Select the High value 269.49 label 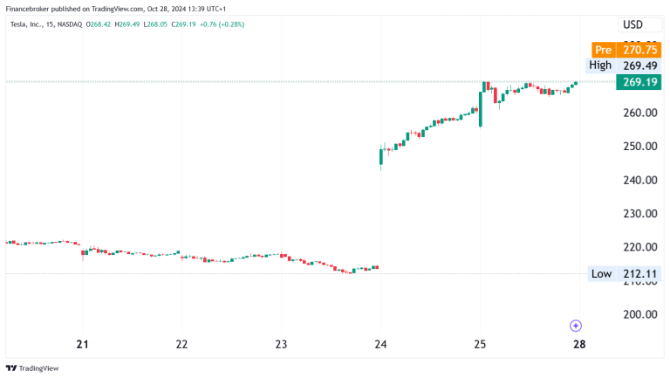click(623, 65)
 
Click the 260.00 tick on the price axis click(639, 113)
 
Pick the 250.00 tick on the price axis click(639, 146)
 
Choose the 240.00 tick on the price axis click(639, 180)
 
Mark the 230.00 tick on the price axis click(639, 213)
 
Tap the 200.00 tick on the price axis click(639, 314)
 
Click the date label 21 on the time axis click(83, 343)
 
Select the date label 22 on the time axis click(181, 343)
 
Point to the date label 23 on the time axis click(281, 343)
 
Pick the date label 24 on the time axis click(380, 343)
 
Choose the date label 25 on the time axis click(480, 343)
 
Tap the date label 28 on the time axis click(579, 343)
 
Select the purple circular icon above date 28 click(576, 326)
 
